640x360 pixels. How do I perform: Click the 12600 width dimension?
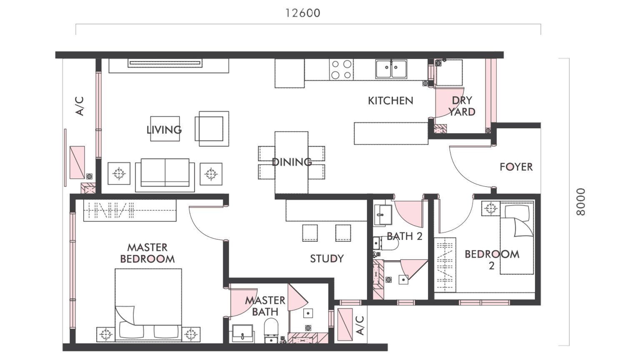click(302, 13)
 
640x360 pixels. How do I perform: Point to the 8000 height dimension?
click(580, 202)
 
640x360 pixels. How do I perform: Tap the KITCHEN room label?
click(390, 100)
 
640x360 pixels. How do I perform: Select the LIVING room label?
click(164, 130)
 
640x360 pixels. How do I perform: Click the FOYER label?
click(516, 167)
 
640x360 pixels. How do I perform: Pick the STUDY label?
click(327, 259)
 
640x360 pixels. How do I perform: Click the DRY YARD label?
click(462, 106)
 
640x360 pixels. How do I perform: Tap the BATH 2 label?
click(404, 236)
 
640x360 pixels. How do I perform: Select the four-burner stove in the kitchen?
click(341, 70)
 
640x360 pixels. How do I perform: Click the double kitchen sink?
click(391, 69)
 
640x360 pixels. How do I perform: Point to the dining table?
click(291, 162)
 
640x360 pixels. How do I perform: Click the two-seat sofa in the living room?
click(165, 173)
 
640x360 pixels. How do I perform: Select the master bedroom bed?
click(148, 304)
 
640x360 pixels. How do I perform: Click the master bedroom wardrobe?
click(130, 210)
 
